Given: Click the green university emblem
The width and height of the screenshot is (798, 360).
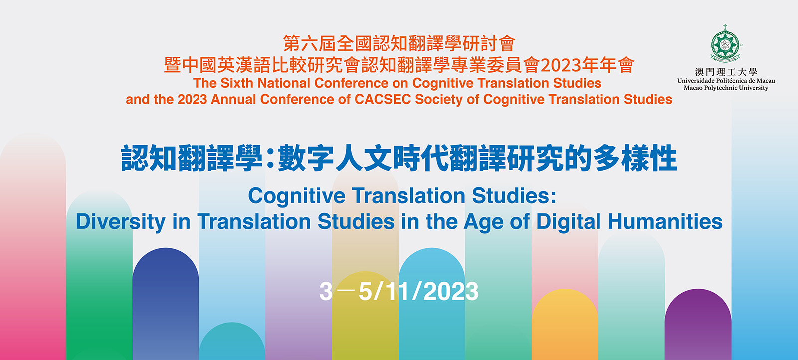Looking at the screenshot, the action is pyautogui.click(x=725, y=44).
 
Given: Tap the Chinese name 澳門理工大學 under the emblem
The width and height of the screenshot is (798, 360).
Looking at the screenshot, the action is pyautogui.click(x=726, y=72).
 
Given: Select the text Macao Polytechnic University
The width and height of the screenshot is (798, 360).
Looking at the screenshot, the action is pyautogui.click(x=726, y=88).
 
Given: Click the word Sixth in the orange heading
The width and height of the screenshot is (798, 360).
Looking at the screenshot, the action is pyautogui.click(x=237, y=83).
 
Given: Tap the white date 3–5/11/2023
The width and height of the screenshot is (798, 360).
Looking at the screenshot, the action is pyautogui.click(x=399, y=291).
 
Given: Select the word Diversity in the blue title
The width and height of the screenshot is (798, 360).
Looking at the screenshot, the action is pyautogui.click(x=120, y=222).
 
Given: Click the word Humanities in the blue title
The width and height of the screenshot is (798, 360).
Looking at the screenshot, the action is pyautogui.click(x=665, y=221).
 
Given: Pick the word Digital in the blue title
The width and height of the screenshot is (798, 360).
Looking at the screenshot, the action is pyautogui.click(x=568, y=222).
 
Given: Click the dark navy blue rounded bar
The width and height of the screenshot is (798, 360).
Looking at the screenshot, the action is pyautogui.click(x=165, y=304).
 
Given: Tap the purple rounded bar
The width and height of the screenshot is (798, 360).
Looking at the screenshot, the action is pyautogui.click(x=698, y=325).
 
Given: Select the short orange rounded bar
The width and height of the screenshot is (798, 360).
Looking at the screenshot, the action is pyautogui.click(x=565, y=325).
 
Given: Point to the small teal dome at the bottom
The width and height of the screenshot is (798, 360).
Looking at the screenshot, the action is pyautogui.click(x=232, y=341).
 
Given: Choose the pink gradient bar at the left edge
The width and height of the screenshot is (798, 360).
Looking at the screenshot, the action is pyautogui.click(x=33, y=246).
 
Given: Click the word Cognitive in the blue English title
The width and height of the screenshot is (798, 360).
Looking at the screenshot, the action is pyautogui.click(x=296, y=196).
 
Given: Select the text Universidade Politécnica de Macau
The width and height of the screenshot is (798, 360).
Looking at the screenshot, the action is pyautogui.click(x=726, y=81).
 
